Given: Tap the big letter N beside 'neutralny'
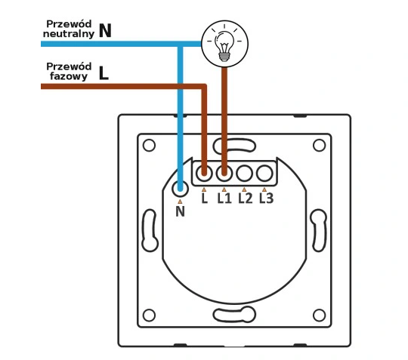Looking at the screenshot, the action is pos(105,31).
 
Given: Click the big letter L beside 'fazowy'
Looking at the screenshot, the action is pos(104,73).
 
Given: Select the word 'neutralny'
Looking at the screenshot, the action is pos(69,34).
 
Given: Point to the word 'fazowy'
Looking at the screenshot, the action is pos(69,77).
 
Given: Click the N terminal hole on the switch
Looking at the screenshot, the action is pos(180,189).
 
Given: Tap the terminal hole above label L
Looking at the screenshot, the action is pos(204,173).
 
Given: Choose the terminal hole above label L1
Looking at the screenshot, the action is pos(224,173).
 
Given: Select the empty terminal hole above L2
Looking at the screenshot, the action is pos(244,173).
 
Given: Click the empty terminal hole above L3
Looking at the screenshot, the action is pos(264,173).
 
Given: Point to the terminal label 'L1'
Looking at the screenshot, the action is pos(224,198).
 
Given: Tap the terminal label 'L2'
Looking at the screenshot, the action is pos(246,198).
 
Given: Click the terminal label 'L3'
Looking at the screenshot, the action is pos(267,198).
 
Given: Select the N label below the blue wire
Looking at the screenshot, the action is pos(180,211).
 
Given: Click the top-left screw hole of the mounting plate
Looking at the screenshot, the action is pos(149,146).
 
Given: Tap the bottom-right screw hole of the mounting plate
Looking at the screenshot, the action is pos(320,315).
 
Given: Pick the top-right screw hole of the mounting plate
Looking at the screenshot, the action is pos(320,146).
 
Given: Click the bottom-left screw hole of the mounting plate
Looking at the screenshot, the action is pos(149,315).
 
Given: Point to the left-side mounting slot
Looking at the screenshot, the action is pos(150,230).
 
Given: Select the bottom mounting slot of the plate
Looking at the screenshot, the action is pos(234,315).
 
